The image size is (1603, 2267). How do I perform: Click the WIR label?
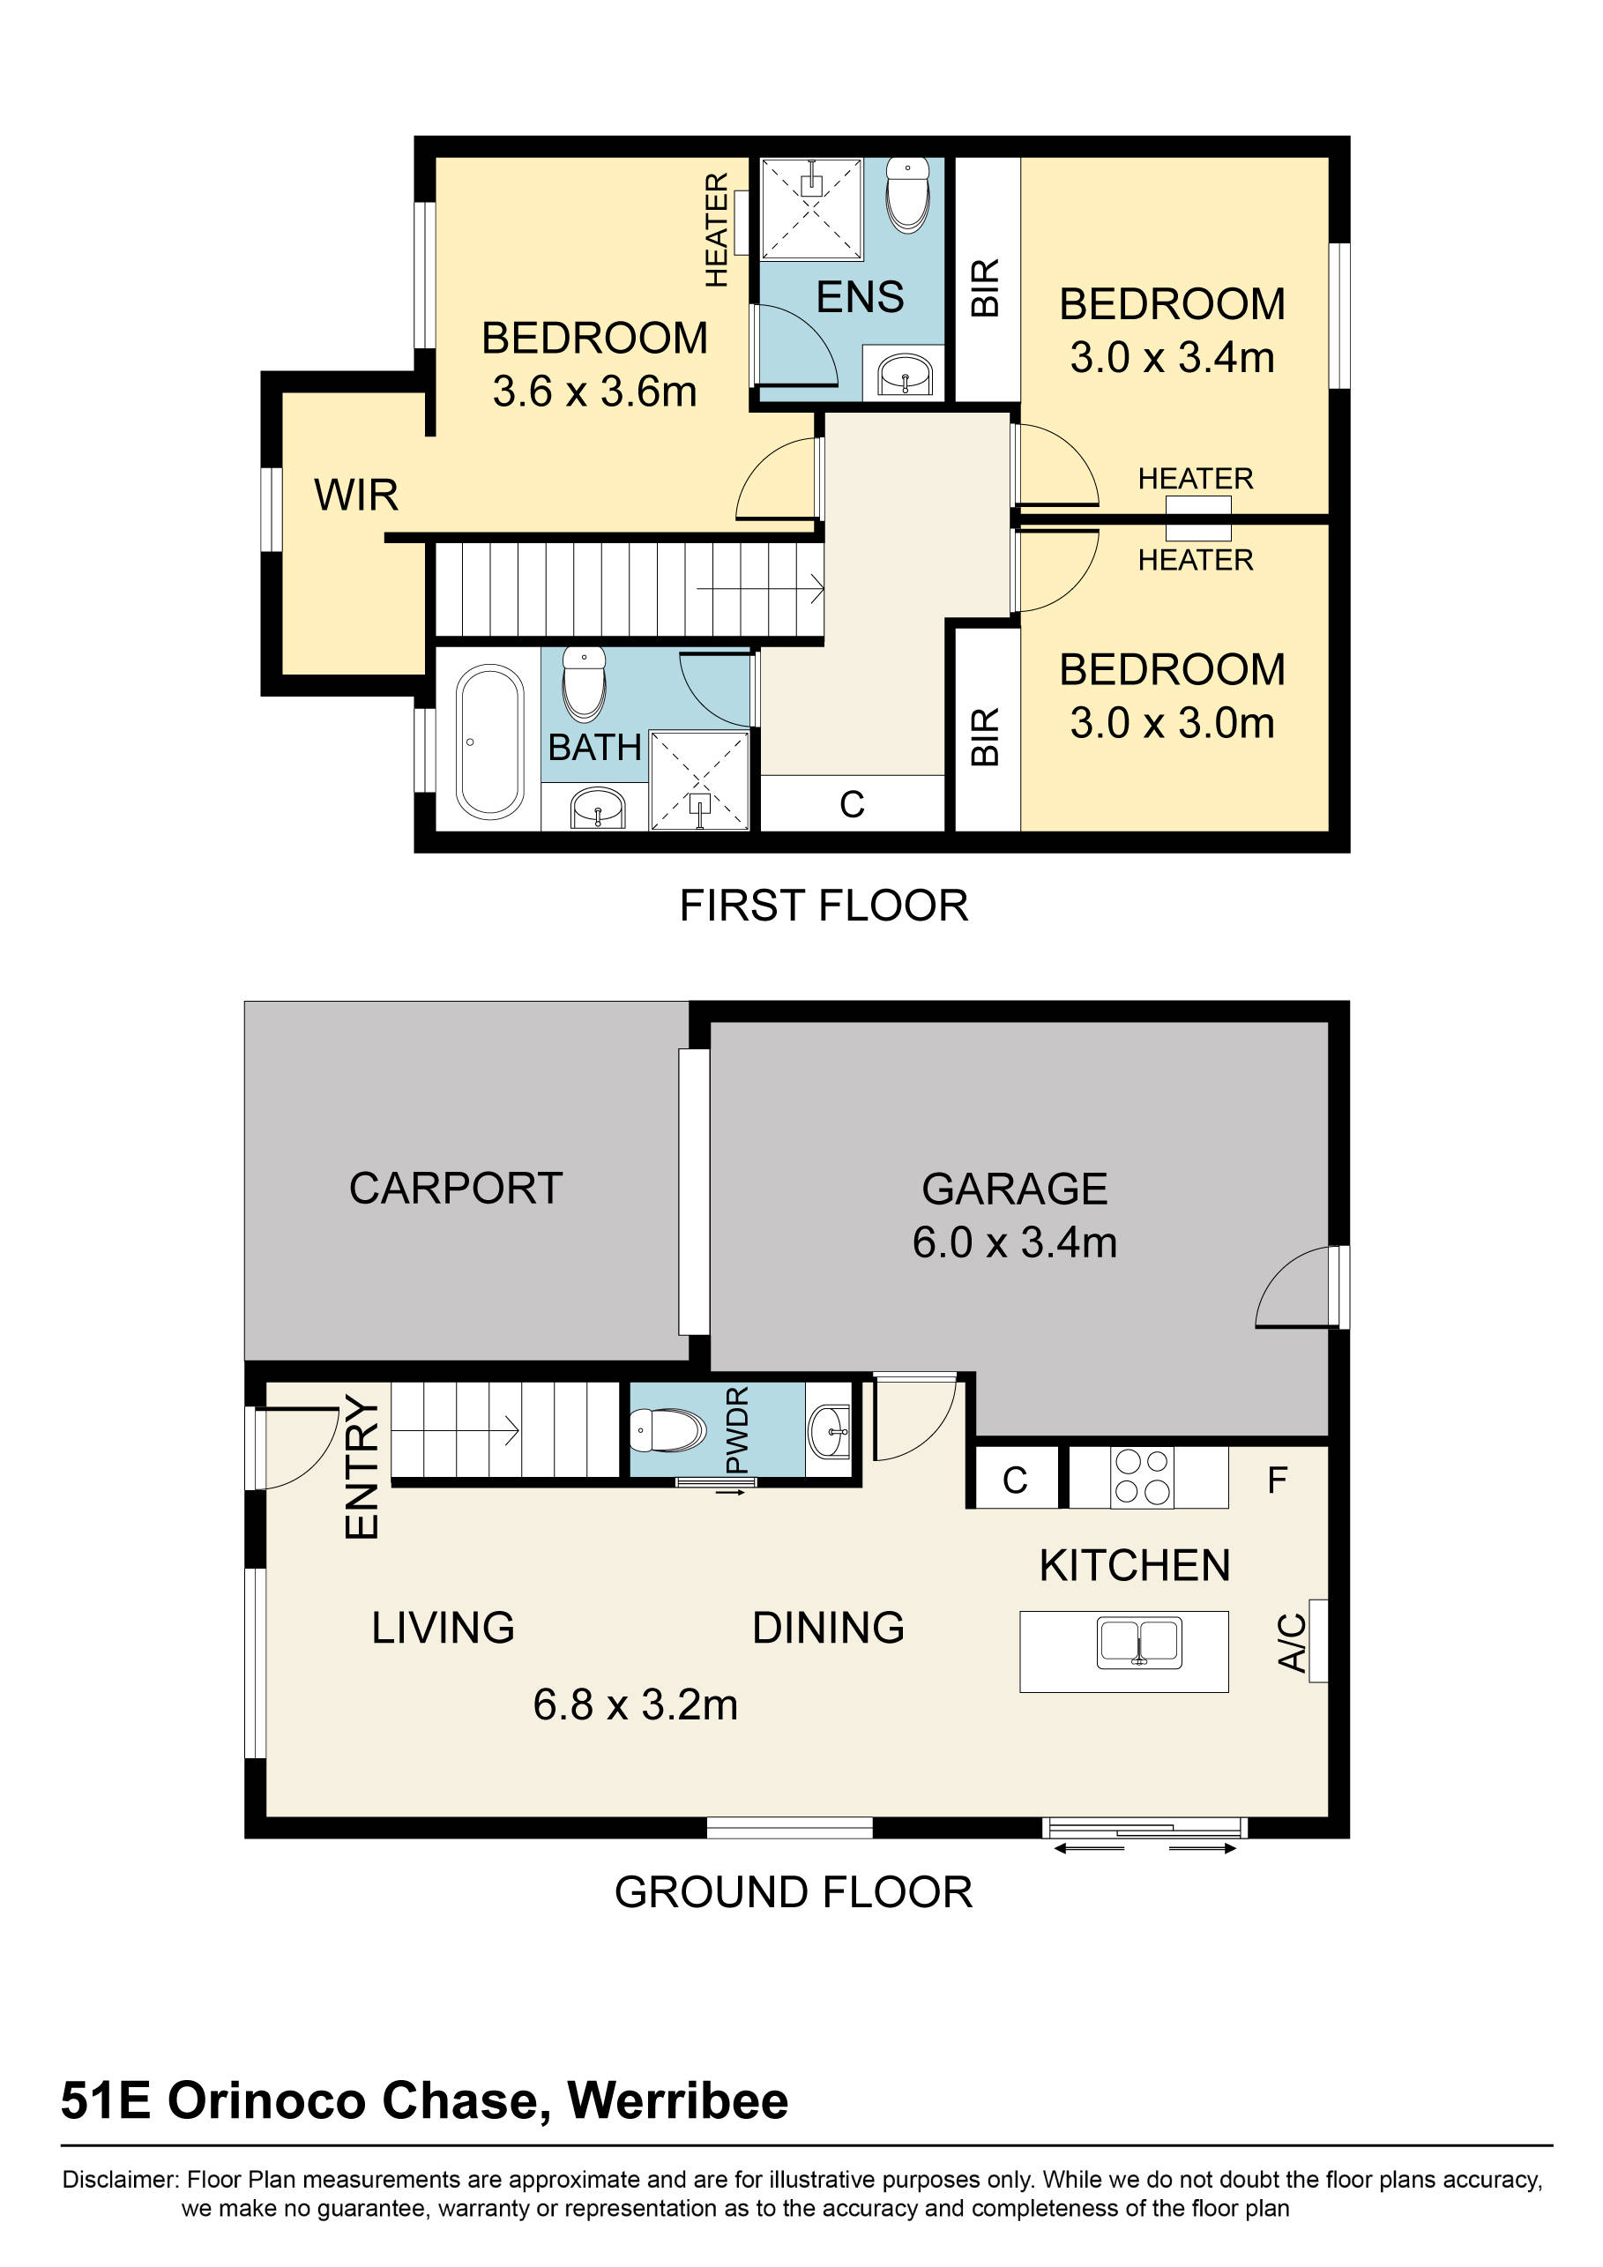356,495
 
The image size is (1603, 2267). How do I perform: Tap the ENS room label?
860,297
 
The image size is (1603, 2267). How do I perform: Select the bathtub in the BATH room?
489,742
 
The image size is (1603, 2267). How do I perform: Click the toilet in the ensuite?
908,195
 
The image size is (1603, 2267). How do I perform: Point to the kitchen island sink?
1139,1642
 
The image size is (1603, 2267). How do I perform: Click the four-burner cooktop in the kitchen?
1142,1477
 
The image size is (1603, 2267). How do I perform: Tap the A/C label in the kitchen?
1292,1642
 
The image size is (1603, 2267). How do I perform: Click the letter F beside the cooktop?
1278,1480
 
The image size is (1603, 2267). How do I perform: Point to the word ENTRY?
362,1467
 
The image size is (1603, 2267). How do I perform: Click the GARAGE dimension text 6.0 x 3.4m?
1015,1242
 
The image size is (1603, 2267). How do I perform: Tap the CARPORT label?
456,1188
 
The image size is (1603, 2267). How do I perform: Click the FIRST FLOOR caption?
824,906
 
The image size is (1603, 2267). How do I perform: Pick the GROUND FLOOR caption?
794,1891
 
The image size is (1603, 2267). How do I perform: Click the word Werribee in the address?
678,2100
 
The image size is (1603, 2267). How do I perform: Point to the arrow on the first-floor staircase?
760,590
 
